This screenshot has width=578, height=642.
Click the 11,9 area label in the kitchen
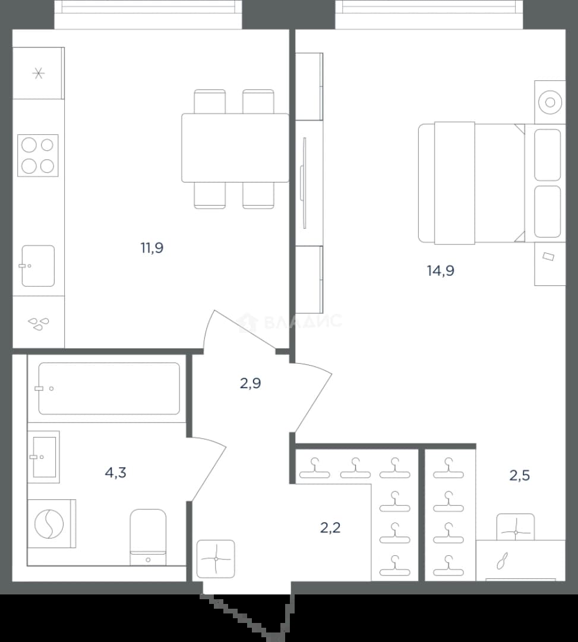click(152, 248)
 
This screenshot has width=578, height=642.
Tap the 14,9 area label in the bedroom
click(441, 270)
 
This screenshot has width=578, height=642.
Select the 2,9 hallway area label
click(250, 383)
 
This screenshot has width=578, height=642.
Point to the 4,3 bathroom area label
click(115, 473)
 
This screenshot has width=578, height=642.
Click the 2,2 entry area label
click(330, 528)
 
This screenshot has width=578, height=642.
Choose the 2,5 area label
click(520, 476)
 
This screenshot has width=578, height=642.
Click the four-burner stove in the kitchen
click(37, 156)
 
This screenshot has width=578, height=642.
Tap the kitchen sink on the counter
click(38, 266)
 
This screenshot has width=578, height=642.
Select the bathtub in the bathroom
click(109, 388)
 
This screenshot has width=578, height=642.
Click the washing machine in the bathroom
click(52, 524)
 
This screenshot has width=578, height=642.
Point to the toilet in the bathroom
click(148, 537)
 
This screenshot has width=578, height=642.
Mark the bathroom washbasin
click(44, 457)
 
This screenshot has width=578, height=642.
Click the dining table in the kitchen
click(235, 148)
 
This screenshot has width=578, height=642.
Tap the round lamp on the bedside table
click(550, 102)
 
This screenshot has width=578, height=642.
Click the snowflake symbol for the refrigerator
click(39, 73)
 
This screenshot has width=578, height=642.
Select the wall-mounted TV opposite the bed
click(304, 182)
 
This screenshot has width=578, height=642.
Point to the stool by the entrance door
click(216, 559)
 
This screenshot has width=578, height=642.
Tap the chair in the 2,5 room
click(516, 527)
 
